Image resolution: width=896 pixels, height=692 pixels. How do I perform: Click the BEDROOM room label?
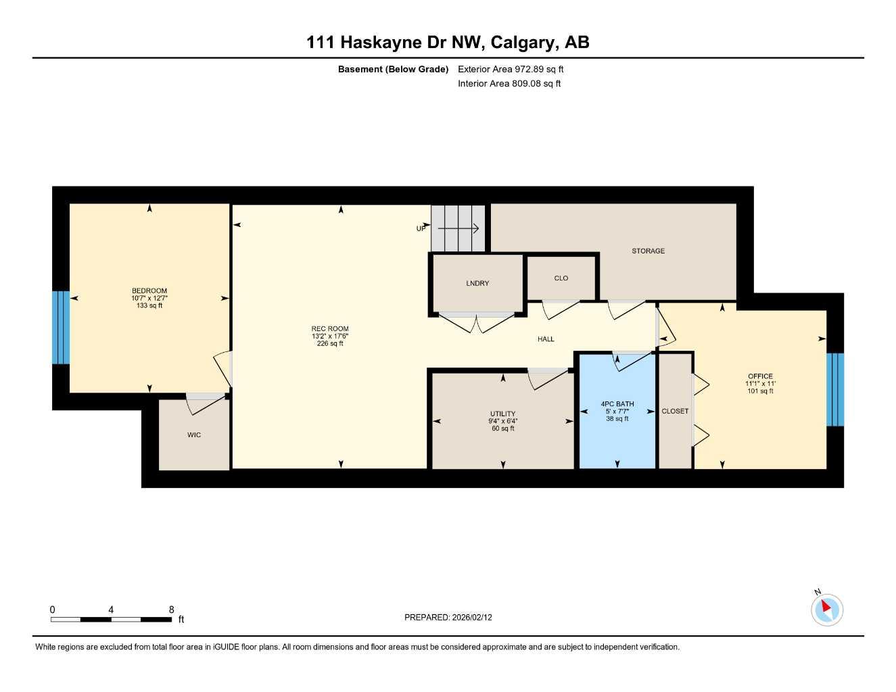pyautogui.click(x=149, y=291)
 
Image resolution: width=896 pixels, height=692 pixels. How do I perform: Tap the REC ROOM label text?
pyautogui.click(x=330, y=329)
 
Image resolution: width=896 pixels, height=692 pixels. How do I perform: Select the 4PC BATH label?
pyautogui.click(x=617, y=404)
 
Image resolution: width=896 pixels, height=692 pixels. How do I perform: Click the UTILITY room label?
pyautogui.click(x=502, y=414)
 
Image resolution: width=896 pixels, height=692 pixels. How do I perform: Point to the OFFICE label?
pyautogui.click(x=760, y=376)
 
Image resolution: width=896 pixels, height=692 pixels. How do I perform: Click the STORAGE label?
pyautogui.click(x=648, y=251)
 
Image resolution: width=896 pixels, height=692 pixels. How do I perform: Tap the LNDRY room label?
pyautogui.click(x=477, y=283)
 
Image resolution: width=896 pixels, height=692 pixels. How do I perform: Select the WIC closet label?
pyautogui.click(x=194, y=435)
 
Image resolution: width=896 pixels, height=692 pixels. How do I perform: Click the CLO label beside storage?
pyautogui.click(x=561, y=278)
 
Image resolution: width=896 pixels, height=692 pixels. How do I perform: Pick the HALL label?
pyautogui.click(x=546, y=339)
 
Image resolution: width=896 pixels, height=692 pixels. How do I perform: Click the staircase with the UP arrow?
pyautogui.click(x=459, y=228)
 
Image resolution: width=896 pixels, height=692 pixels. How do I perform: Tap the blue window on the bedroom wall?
pyautogui.click(x=61, y=328)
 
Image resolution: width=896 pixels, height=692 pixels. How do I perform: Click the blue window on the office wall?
pyautogui.click(x=835, y=389)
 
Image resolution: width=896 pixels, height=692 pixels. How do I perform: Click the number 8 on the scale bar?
pyautogui.click(x=172, y=610)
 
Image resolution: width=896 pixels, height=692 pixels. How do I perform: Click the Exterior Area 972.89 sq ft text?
pyautogui.click(x=511, y=69)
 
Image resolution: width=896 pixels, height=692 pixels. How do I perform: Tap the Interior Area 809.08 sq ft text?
pyautogui.click(x=509, y=84)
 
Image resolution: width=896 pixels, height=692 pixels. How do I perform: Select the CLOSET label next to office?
pyautogui.click(x=675, y=411)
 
